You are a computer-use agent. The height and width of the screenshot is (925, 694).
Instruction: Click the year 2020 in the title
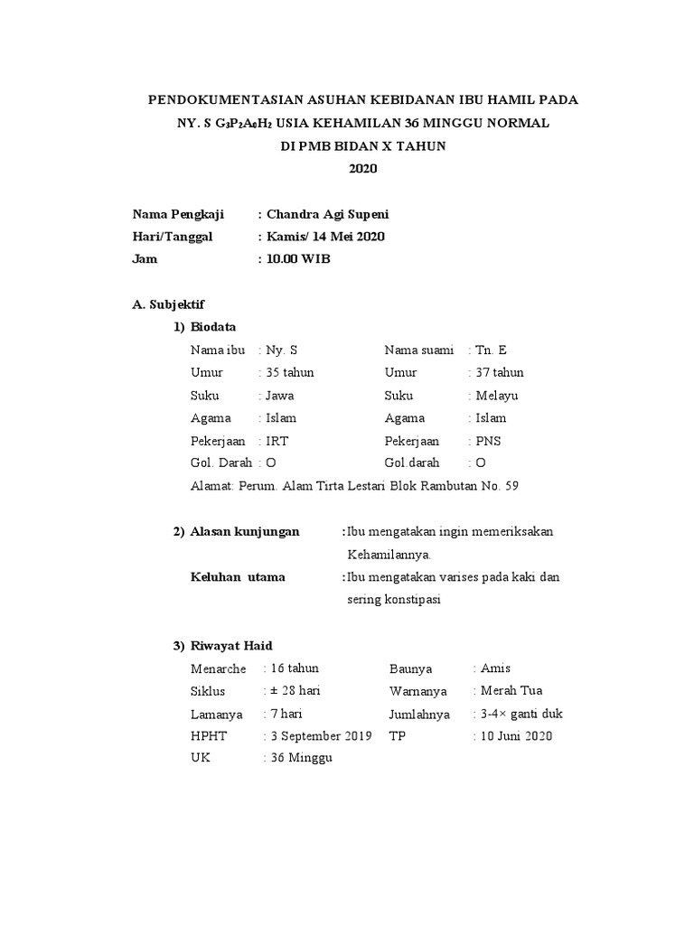(362, 169)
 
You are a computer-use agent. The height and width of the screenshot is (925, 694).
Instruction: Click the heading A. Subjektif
(168, 304)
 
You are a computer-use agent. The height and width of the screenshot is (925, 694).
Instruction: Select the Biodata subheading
(213, 327)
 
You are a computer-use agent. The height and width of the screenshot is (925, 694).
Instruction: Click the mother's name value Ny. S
(282, 350)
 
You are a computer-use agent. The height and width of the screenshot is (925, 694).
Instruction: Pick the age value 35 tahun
(289, 372)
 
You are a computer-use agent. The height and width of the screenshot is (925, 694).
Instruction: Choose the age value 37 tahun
(499, 372)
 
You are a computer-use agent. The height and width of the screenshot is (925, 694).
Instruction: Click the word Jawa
(280, 395)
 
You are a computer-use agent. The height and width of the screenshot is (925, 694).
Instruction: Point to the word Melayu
(497, 395)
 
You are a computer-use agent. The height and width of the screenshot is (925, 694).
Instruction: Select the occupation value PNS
(488, 441)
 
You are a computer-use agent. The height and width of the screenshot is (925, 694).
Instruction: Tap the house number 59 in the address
(511, 486)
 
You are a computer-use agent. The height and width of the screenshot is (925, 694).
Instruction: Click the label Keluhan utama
(238, 576)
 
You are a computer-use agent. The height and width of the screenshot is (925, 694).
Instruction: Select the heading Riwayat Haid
(230, 645)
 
